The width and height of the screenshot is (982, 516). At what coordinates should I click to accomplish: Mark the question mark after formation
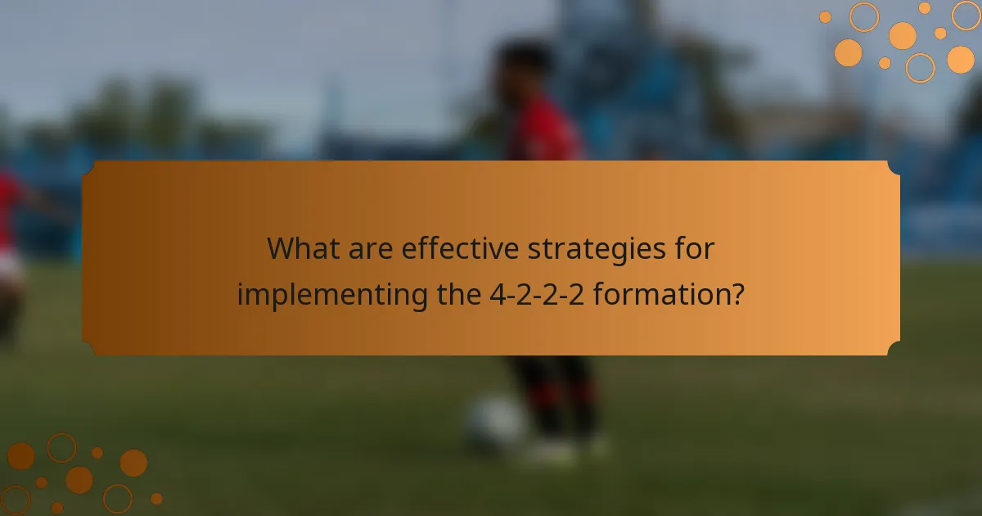tap(736, 293)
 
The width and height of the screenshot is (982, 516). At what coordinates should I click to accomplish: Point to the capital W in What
tap(282, 249)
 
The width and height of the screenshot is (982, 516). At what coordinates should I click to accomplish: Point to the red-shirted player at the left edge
tap(10, 246)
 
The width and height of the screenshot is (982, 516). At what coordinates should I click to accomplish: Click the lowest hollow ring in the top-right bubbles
tap(921, 68)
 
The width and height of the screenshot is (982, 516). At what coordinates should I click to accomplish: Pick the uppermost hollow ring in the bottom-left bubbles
tap(61, 447)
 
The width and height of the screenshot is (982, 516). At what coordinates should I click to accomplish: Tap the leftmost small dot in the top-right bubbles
tap(825, 17)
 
